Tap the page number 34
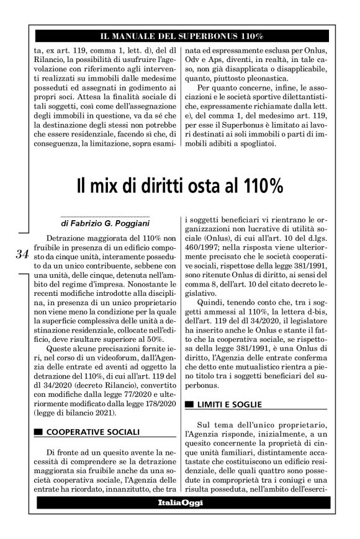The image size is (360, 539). (22, 254)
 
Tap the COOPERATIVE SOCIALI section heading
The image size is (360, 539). (93, 432)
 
